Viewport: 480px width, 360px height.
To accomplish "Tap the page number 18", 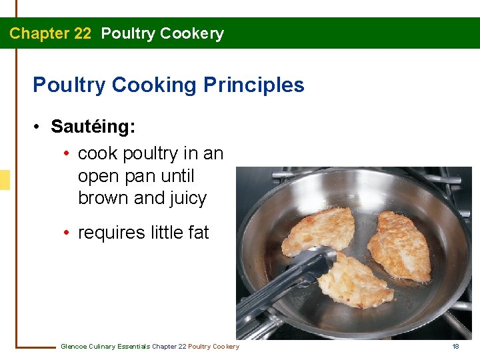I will [x=456, y=346].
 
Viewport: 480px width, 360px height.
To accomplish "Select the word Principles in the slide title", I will [x=254, y=85].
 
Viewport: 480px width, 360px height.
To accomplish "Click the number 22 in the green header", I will [x=82, y=33].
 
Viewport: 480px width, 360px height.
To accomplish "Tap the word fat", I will [x=198, y=233].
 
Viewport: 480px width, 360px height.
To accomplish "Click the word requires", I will [x=108, y=233].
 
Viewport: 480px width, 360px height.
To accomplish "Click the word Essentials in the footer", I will [x=133, y=346].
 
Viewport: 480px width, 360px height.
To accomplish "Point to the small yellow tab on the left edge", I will [x=5, y=180].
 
